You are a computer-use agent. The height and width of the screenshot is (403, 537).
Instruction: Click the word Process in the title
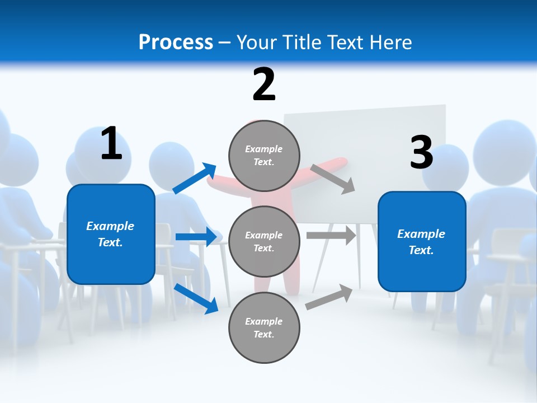[176, 42]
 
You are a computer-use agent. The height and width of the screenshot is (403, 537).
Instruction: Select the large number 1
[111, 144]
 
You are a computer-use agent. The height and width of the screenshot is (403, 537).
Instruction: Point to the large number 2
[264, 85]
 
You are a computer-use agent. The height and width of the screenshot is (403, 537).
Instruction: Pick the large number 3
[421, 153]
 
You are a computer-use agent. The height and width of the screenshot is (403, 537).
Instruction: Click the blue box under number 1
[111, 234]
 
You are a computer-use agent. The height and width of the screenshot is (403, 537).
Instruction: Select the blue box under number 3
[422, 242]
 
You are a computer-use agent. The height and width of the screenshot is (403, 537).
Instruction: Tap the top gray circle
[264, 156]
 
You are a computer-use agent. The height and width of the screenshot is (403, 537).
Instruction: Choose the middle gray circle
[264, 241]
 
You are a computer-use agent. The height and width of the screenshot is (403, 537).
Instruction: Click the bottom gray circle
[264, 327]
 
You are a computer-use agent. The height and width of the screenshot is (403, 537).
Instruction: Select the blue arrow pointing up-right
[195, 179]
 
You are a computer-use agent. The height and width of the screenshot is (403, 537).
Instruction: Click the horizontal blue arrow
[196, 237]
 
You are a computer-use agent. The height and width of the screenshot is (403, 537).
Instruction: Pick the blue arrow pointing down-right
[196, 298]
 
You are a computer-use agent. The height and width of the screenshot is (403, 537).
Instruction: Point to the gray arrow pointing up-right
[329, 297]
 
